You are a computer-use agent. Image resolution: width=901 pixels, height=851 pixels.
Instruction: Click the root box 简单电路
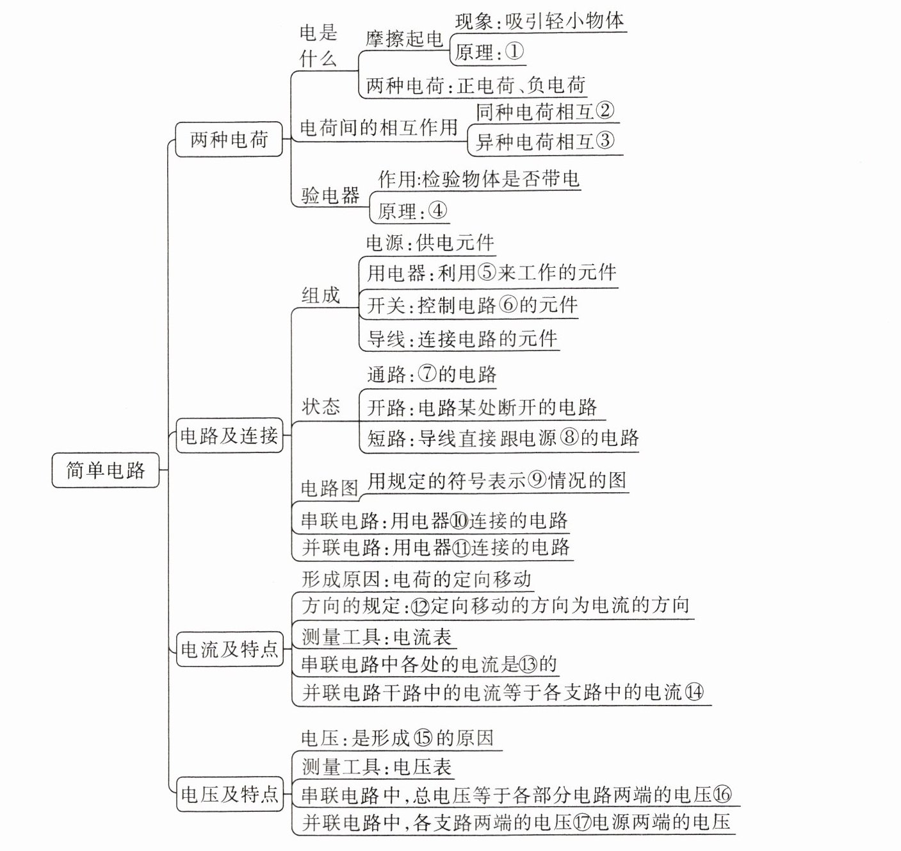(106, 471)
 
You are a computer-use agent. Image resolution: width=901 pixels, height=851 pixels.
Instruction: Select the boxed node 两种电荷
(229, 139)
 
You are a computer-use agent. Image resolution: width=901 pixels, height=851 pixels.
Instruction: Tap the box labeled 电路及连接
(229, 436)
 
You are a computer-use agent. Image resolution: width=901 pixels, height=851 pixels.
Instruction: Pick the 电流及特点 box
(229, 650)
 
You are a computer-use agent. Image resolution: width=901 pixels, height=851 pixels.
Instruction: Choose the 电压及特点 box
(229, 795)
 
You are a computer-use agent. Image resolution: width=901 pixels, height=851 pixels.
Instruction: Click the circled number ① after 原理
(514, 52)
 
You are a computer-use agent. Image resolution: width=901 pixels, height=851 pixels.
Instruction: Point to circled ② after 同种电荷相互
(605, 112)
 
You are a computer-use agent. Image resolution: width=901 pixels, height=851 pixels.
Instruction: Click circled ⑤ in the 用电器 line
(487, 274)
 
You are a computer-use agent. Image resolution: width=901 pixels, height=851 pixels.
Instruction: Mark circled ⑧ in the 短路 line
(569, 438)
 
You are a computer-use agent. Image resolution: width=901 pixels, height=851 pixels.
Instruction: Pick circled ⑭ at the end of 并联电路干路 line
(694, 692)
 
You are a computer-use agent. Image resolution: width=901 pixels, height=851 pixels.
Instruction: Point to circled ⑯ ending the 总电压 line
(722, 795)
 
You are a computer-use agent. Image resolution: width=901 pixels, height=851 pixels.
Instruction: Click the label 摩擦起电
(405, 39)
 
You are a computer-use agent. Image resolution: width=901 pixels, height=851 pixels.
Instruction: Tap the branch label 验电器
(330, 195)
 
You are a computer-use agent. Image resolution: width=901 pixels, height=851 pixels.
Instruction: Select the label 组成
(321, 295)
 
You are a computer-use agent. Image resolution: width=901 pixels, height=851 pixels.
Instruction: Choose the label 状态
(321, 407)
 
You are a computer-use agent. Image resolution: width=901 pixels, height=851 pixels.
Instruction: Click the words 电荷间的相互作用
(379, 128)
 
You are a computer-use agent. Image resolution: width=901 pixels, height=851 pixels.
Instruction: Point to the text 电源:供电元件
(430, 243)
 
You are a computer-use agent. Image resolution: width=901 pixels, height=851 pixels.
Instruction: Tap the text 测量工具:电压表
(377, 766)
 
